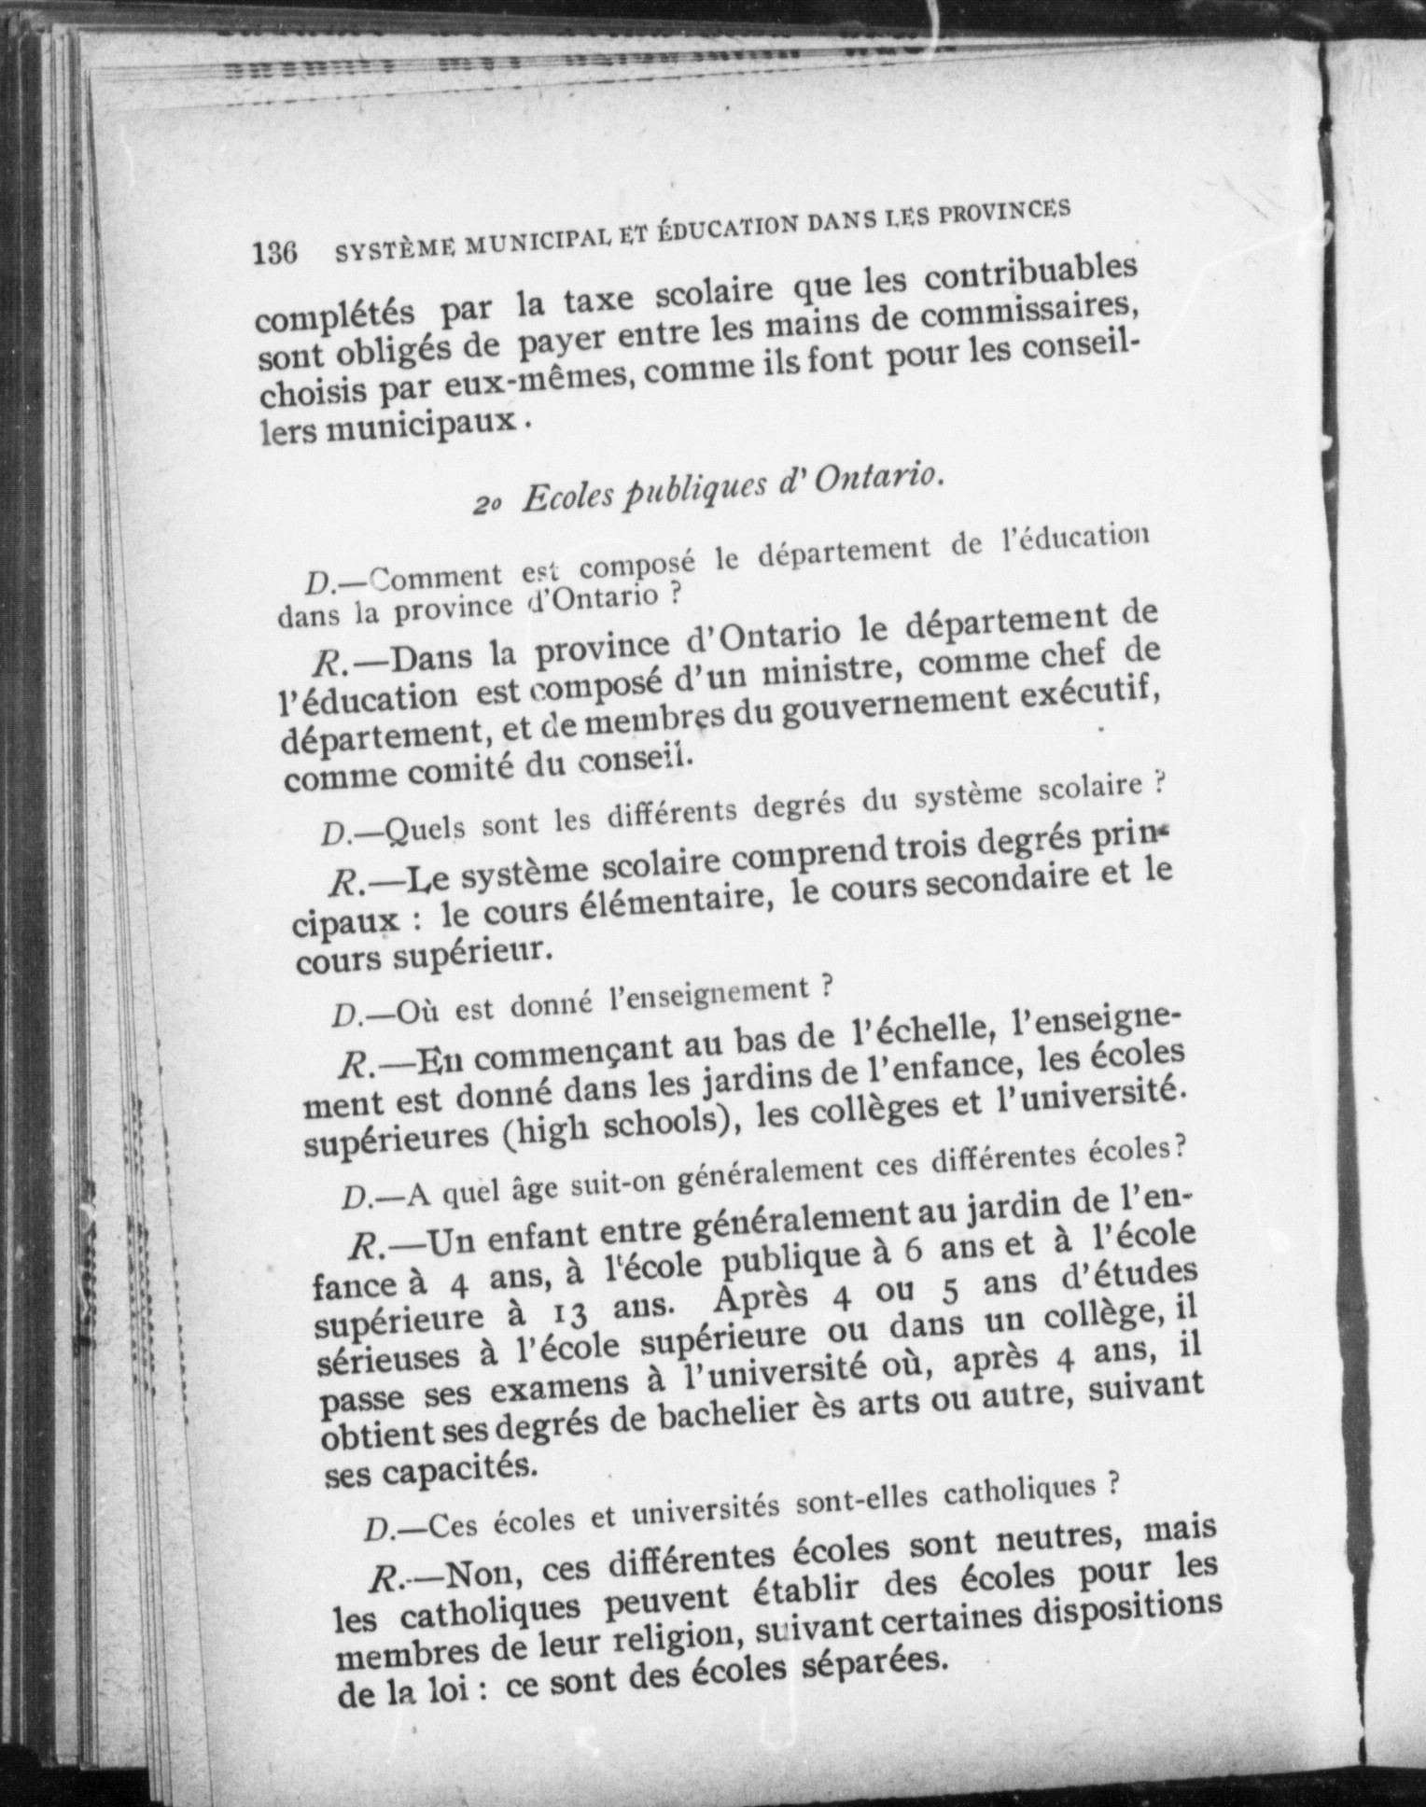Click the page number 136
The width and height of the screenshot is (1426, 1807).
point(274,252)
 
